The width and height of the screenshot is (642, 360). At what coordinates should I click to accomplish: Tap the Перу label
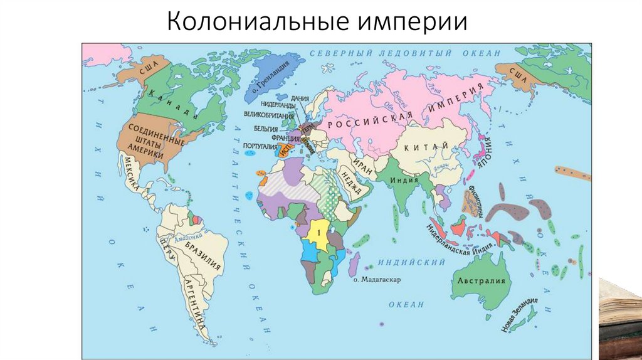point(166,251)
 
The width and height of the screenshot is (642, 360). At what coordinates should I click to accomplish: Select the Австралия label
point(481,280)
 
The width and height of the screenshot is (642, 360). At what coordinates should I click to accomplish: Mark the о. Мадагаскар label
point(376,279)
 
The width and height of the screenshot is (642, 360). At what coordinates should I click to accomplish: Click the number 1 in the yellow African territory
point(319,232)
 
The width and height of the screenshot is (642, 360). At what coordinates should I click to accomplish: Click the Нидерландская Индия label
point(448,244)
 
